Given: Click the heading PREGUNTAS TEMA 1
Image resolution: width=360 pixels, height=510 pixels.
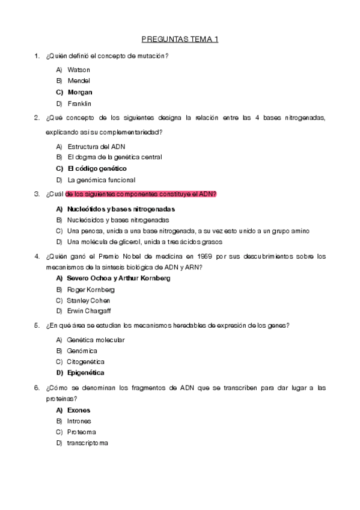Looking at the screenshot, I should tap(180, 40).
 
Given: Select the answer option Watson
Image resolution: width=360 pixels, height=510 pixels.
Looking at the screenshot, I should tap(79, 70).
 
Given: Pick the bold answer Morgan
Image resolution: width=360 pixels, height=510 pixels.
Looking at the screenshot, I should tap(80, 92).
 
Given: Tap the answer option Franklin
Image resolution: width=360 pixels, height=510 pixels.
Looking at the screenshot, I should tap(79, 103).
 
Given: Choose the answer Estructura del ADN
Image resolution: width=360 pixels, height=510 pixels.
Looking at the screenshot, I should tap(96, 146).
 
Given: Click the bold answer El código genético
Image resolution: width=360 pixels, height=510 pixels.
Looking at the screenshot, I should tap(97, 168).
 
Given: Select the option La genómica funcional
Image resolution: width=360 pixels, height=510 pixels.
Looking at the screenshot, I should tap(101, 180).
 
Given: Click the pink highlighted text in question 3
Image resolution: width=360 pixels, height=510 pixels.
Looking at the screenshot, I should tap(141, 194).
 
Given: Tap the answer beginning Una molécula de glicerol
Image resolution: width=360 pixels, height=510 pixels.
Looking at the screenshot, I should tap(144, 242).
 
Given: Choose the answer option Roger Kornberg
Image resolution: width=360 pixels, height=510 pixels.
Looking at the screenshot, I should tap(91, 289).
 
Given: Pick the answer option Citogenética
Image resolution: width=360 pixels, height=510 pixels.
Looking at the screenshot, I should tap(86, 361).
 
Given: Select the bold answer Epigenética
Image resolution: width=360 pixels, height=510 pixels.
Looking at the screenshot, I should tap(86, 373).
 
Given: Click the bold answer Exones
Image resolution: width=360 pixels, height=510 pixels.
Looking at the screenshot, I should tap(79, 410).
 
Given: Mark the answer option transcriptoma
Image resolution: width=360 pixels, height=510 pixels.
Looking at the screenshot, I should tap(88, 443).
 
